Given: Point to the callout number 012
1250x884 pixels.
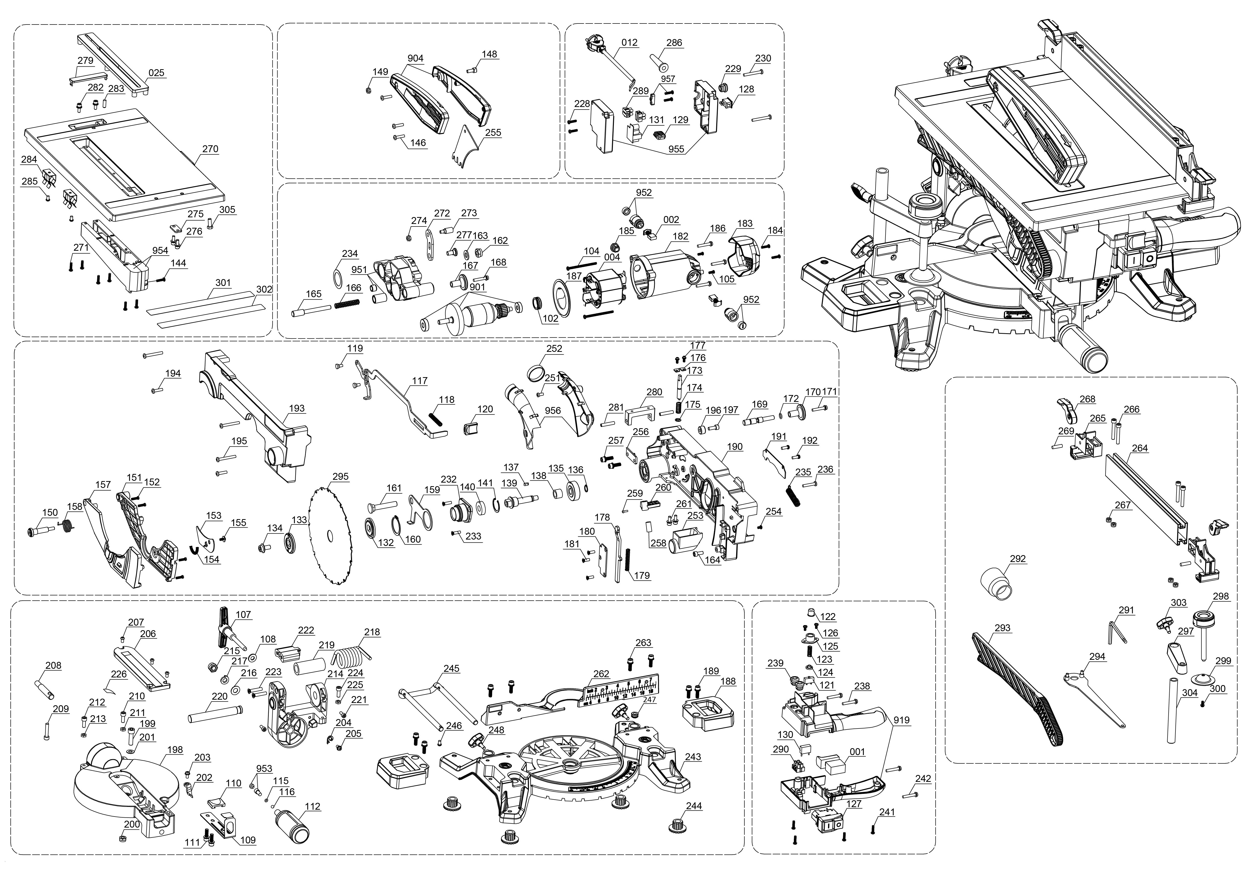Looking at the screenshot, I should point(629,42).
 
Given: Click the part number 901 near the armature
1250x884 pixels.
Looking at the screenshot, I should point(477,287).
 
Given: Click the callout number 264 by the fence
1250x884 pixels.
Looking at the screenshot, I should point(1139,448).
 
